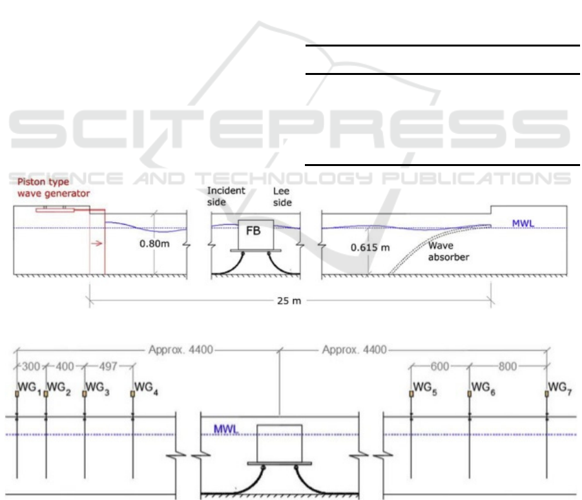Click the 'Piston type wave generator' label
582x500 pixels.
[54, 187]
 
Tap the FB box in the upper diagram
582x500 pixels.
[256, 234]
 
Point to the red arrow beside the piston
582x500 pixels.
[96, 244]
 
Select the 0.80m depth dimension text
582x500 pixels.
[154, 244]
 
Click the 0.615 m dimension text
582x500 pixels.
[370, 247]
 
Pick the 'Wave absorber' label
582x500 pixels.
[448, 251]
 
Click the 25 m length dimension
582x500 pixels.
[289, 300]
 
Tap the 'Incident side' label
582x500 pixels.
[225, 196]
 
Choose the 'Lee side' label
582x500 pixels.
[282, 197]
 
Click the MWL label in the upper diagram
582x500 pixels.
[523, 224]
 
